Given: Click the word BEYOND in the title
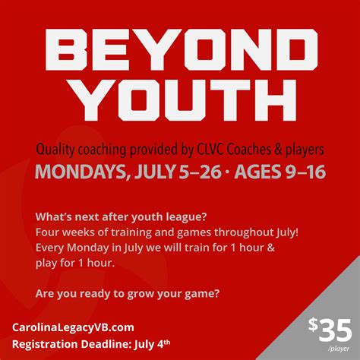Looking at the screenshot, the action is [182, 49].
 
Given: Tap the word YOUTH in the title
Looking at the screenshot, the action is [185, 99].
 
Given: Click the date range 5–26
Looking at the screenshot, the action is [200, 172].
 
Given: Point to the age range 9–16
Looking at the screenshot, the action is [305, 172].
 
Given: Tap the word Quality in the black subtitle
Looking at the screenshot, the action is [55, 150].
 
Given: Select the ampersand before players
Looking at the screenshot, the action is [278, 150].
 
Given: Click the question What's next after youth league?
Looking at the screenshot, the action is [122, 217].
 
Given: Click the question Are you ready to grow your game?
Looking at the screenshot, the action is [128, 294].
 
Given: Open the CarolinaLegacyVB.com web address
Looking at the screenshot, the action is [73, 327].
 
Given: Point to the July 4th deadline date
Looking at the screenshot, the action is [153, 345].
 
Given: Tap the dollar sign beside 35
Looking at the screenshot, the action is [313, 325].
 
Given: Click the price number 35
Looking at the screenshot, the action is [335, 330].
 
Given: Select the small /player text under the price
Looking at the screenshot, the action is [339, 349].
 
